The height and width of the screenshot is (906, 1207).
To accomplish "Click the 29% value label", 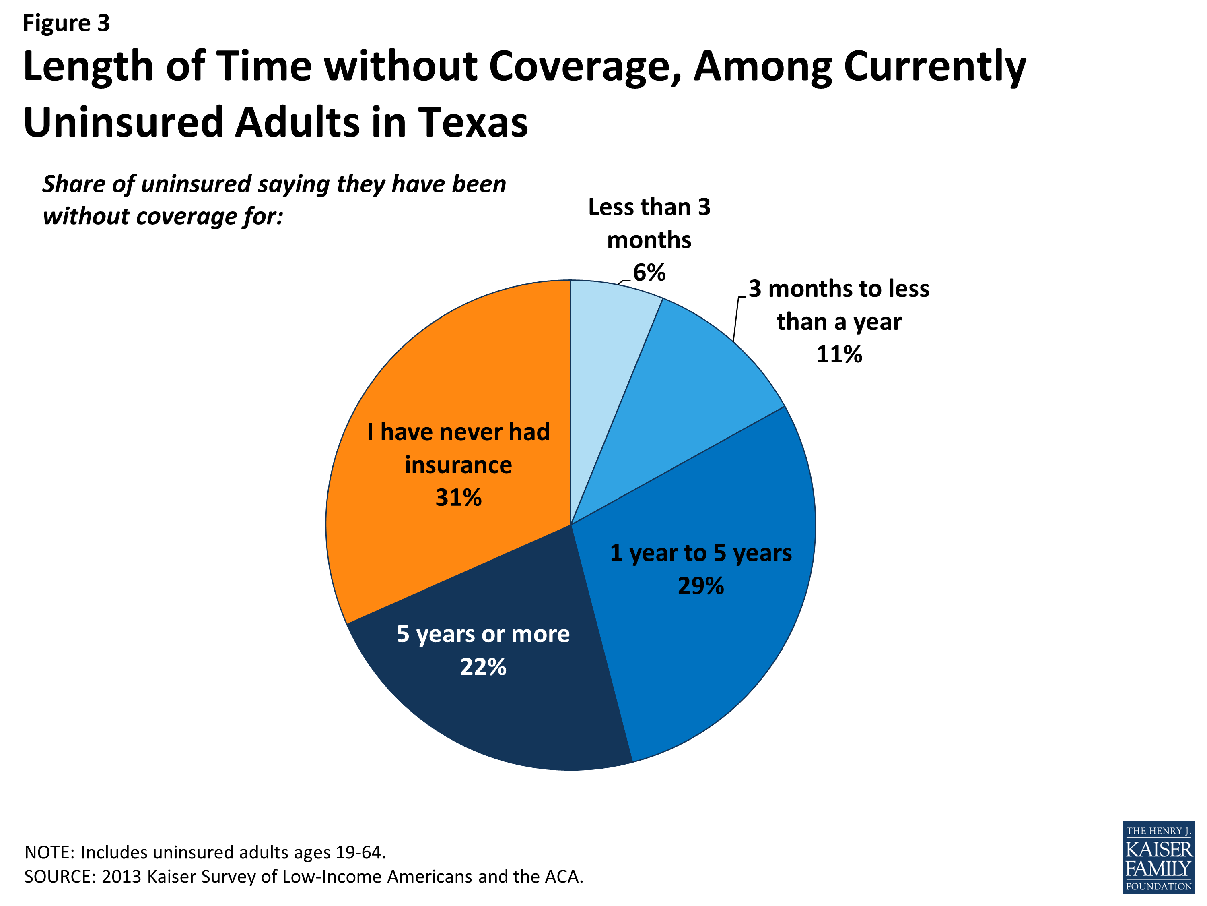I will coord(700,586).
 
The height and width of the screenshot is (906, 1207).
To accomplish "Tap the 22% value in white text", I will coord(483,667).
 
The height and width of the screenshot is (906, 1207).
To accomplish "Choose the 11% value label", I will coord(839,354).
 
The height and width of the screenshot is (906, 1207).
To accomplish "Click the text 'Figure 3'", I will coord(66,23).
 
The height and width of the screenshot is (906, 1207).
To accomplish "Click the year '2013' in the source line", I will coord(121,877).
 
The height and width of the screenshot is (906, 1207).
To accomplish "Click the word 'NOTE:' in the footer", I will coord(49,852).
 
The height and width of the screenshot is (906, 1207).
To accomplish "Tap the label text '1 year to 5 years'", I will coord(700,553).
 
